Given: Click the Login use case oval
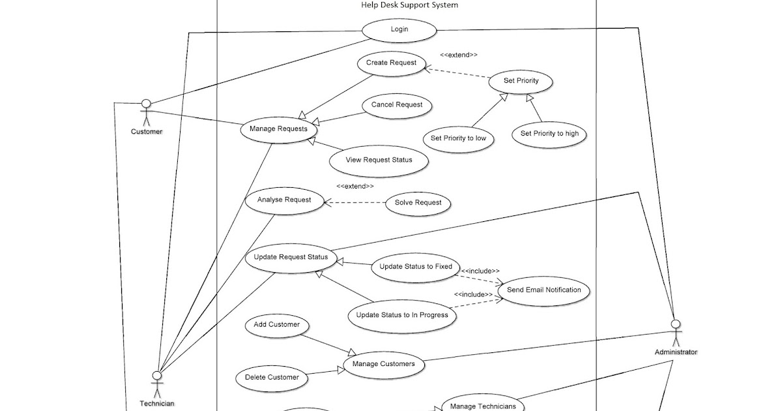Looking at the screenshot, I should point(399,29).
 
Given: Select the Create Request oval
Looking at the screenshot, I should point(391,63).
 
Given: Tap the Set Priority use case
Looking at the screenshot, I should point(521,81).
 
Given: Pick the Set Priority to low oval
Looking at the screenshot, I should point(458,138).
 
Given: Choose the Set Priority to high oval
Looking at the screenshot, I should point(549,134).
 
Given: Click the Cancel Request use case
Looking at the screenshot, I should point(396,105).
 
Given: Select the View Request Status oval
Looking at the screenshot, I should point(379,160).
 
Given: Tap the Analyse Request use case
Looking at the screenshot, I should point(284,200).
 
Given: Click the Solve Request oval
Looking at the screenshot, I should point(418,203).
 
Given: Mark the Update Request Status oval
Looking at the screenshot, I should point(291,257).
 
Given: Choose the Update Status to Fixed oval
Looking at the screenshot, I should point(415,267).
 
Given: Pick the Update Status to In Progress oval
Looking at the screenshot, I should point(401,315).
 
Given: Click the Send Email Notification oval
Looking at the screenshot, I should point(543,290).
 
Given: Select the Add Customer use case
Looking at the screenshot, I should point(276,325).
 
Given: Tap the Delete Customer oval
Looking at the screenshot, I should point(272,377).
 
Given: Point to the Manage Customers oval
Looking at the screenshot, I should point(383,364).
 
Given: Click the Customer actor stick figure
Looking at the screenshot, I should point(146,113).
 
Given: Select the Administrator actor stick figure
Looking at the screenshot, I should point(676,333).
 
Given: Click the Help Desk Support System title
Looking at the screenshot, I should point(409,5).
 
